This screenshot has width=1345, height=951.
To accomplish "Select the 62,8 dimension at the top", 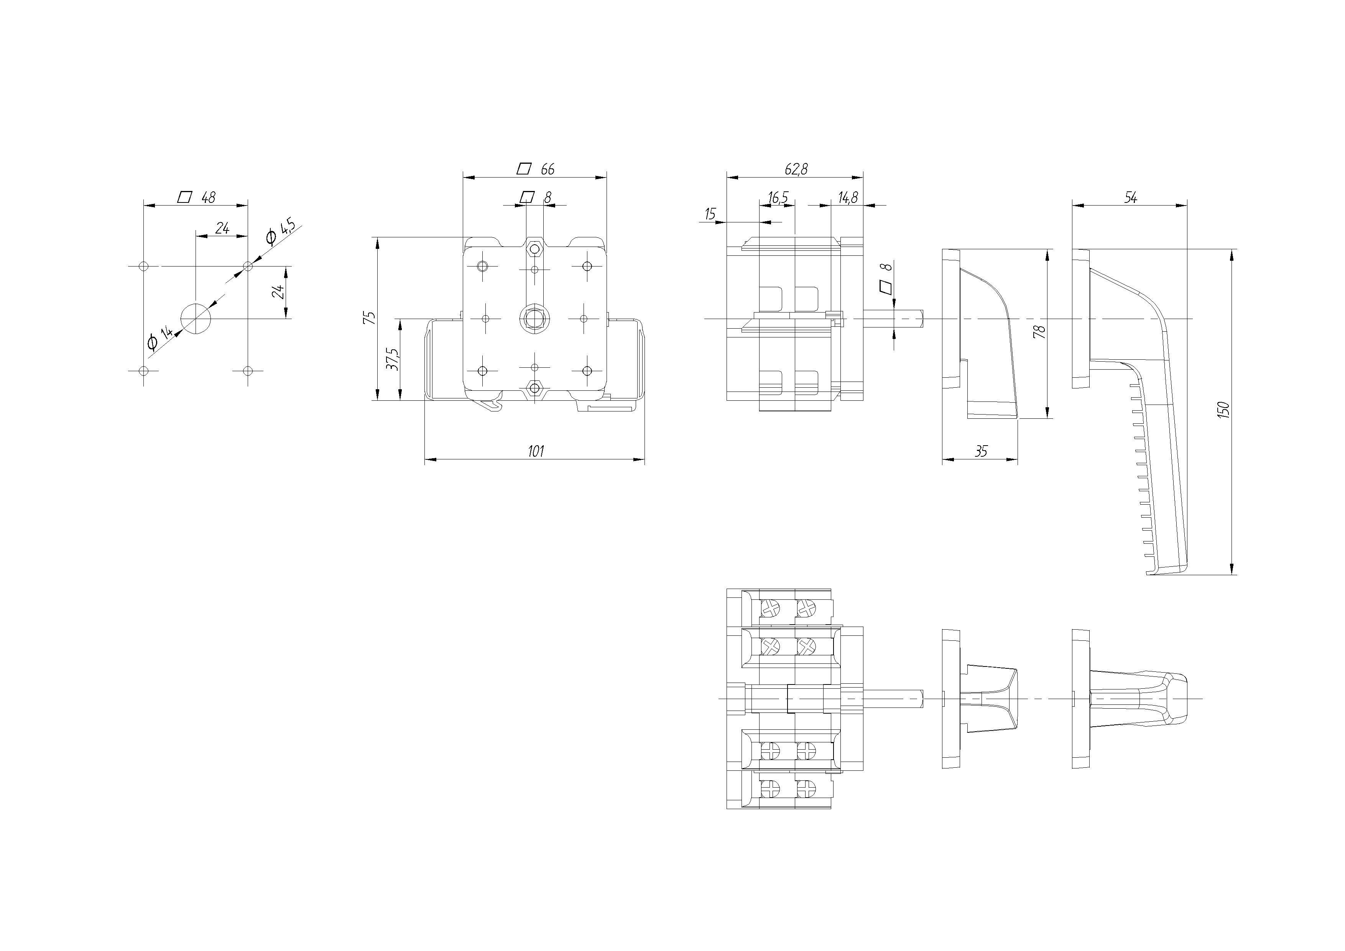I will (x=796, y=169).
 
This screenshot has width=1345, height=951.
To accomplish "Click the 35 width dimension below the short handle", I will (x=981, y=451).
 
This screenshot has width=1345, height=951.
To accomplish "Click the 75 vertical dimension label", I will (x=370, y=318).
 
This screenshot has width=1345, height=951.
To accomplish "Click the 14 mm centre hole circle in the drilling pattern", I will (x=196, y=318).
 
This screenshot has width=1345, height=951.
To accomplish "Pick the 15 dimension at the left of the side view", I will (x=710, y=214).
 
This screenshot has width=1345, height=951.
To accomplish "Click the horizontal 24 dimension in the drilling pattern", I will (x=222, y=228).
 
